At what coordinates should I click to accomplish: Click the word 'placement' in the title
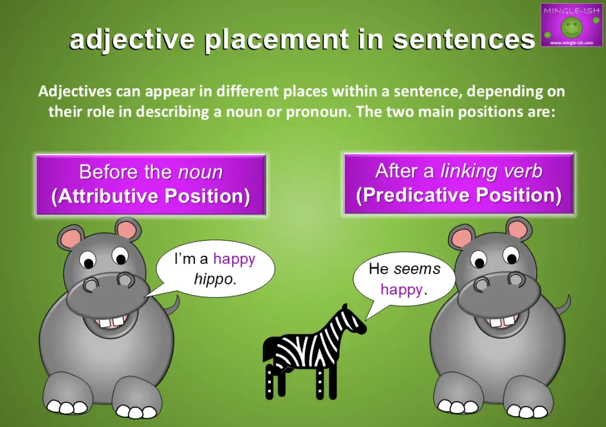point(276,40)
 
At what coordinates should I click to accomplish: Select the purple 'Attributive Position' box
point(151,184)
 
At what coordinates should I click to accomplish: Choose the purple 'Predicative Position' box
point(458,183)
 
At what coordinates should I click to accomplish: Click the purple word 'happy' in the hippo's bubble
point(234,259)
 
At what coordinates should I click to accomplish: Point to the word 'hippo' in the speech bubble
point(213,279)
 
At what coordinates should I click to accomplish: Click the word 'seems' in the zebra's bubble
point(417,269)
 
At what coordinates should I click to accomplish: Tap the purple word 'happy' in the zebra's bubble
point(401,289)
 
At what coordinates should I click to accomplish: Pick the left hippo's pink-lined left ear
point(72,238)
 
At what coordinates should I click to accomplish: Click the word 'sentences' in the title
point(464,40)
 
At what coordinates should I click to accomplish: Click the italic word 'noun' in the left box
point(200,172)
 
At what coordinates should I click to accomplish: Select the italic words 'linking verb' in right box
point(491,171)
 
